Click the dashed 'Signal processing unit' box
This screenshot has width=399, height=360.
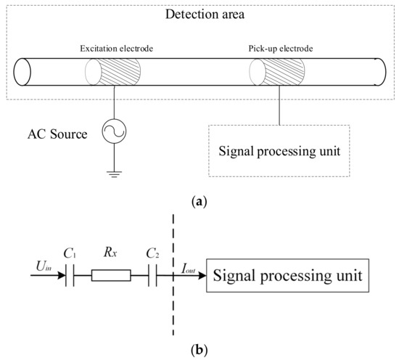tap(279, 152)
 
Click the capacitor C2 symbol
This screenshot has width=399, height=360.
tap(152, 277)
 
